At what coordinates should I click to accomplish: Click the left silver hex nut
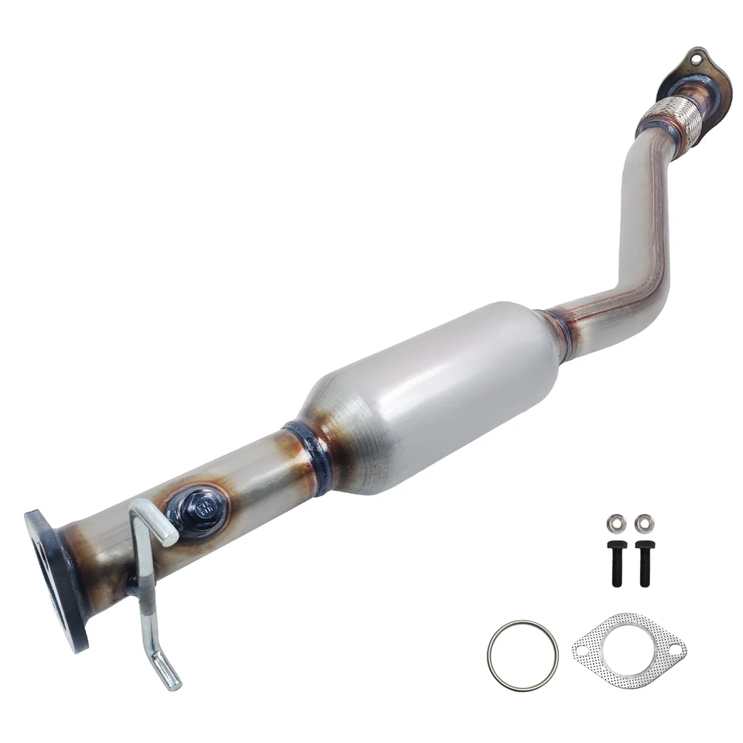616,523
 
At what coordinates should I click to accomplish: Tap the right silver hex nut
642,523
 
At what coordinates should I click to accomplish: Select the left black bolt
616,562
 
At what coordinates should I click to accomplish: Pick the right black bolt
643,562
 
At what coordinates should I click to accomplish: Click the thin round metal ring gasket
522,656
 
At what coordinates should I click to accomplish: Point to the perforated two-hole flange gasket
628,651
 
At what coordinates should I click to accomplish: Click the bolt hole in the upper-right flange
693,56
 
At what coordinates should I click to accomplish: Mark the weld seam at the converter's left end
309,455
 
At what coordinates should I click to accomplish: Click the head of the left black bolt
616,546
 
